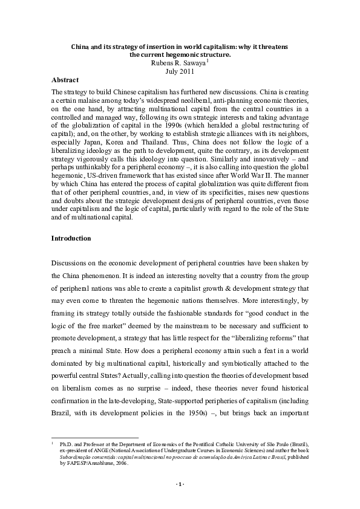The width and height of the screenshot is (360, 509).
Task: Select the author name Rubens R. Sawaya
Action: coord(178,62)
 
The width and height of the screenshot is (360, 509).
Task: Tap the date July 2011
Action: coord(180,71)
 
